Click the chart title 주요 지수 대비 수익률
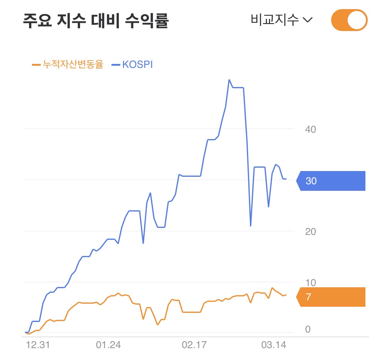(96, 21)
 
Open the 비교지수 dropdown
(282, 20)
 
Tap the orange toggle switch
(349, 20)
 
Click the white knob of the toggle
(357, 20)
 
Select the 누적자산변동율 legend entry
(68, 64)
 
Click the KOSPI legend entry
(132, 65)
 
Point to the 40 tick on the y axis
(311, 129)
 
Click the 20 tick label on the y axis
(311, 232)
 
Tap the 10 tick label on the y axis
(311, 283)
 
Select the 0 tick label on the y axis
(308, 329)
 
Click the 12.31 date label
(38, 345)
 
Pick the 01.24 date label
(108, 345)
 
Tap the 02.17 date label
(194, 345)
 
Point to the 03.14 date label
(274, 345)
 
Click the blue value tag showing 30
(331, 181)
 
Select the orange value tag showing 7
(331, 297)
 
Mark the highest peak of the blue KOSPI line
(229, 80)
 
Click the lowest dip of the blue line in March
(251, 226)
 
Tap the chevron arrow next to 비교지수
(308, 20)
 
